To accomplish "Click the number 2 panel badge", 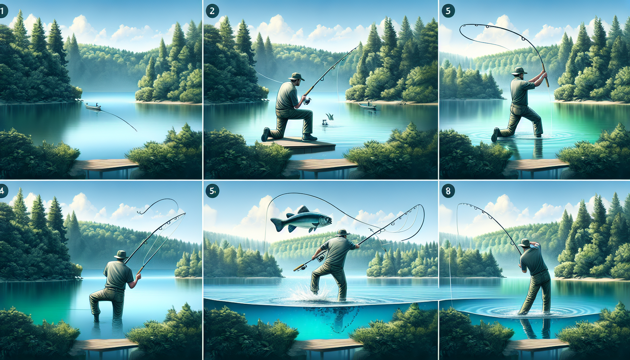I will click(212, 11).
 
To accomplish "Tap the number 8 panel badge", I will click(448, 191).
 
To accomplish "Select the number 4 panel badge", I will click(2, 191).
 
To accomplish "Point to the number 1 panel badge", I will click(2, 11).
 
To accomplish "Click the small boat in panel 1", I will click(93, 107).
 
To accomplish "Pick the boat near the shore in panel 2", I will click(367, 105).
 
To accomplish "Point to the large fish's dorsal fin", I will click(303, 210).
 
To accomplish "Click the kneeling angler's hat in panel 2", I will click(296, 76).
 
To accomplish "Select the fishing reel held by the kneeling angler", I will click(307, 101).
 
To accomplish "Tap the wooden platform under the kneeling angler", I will click(299, 144).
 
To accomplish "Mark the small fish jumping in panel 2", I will click(330, 116).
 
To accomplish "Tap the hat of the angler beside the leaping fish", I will click(342, 232).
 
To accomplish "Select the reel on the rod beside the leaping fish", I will click(321, 258).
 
